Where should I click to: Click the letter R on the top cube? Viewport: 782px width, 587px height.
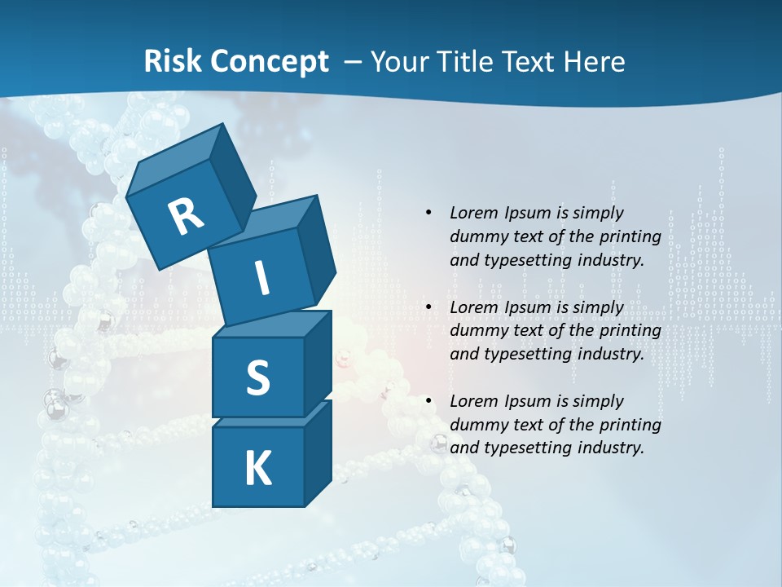[x=186, y=217]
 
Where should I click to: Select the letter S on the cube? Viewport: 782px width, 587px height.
[x=257, y=377]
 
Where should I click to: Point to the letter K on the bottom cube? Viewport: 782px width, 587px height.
[x=257, y=468]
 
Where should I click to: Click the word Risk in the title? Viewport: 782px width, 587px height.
[x=173, y=61]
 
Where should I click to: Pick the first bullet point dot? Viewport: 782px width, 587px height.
[x=428, y=213]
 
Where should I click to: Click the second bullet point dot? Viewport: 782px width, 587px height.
[x=428, y=307]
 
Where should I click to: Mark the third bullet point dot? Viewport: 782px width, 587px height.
[x=428, y=401]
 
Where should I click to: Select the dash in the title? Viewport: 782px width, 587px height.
[x=354, y=62]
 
